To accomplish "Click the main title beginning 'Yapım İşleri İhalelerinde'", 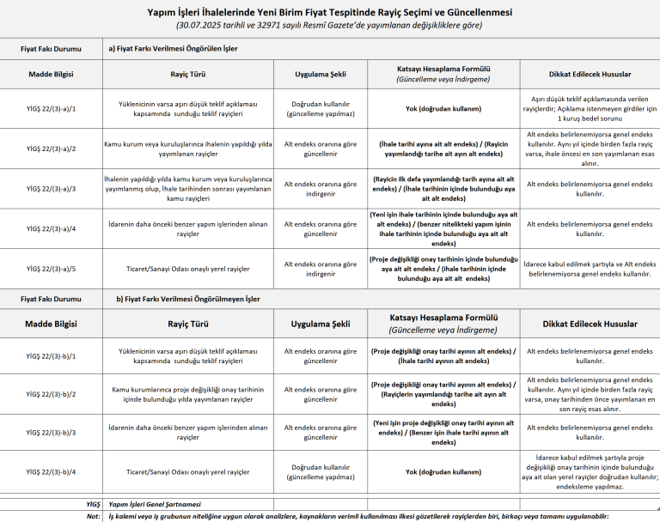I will tap(329, 13).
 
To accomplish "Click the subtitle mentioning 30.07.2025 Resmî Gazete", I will tap(329, 25).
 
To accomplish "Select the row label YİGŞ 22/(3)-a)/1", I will tap(52, 109).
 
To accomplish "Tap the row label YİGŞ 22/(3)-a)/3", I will tap(52, 189).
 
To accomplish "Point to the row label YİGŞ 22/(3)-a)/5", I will tap(52, 269).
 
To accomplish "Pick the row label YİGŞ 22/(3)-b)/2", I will tap(52, 394).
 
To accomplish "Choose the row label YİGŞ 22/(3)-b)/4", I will tap(52, 472).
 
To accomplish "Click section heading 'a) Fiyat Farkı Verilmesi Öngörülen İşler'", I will tap(173, 49).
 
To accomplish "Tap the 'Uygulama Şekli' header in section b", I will tap(321, 324).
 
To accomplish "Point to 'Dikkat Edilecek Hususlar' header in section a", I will tap(590, 74).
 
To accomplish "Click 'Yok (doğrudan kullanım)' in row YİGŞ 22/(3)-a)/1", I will tap(443, 109).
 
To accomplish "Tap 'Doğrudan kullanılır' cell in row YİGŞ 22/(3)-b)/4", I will tap(321, 472).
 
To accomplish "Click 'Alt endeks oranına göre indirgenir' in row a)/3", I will tap(321, 189).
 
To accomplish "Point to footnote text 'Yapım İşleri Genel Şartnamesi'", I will tap(155, 504).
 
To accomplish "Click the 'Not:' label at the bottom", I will tap(94, 516).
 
